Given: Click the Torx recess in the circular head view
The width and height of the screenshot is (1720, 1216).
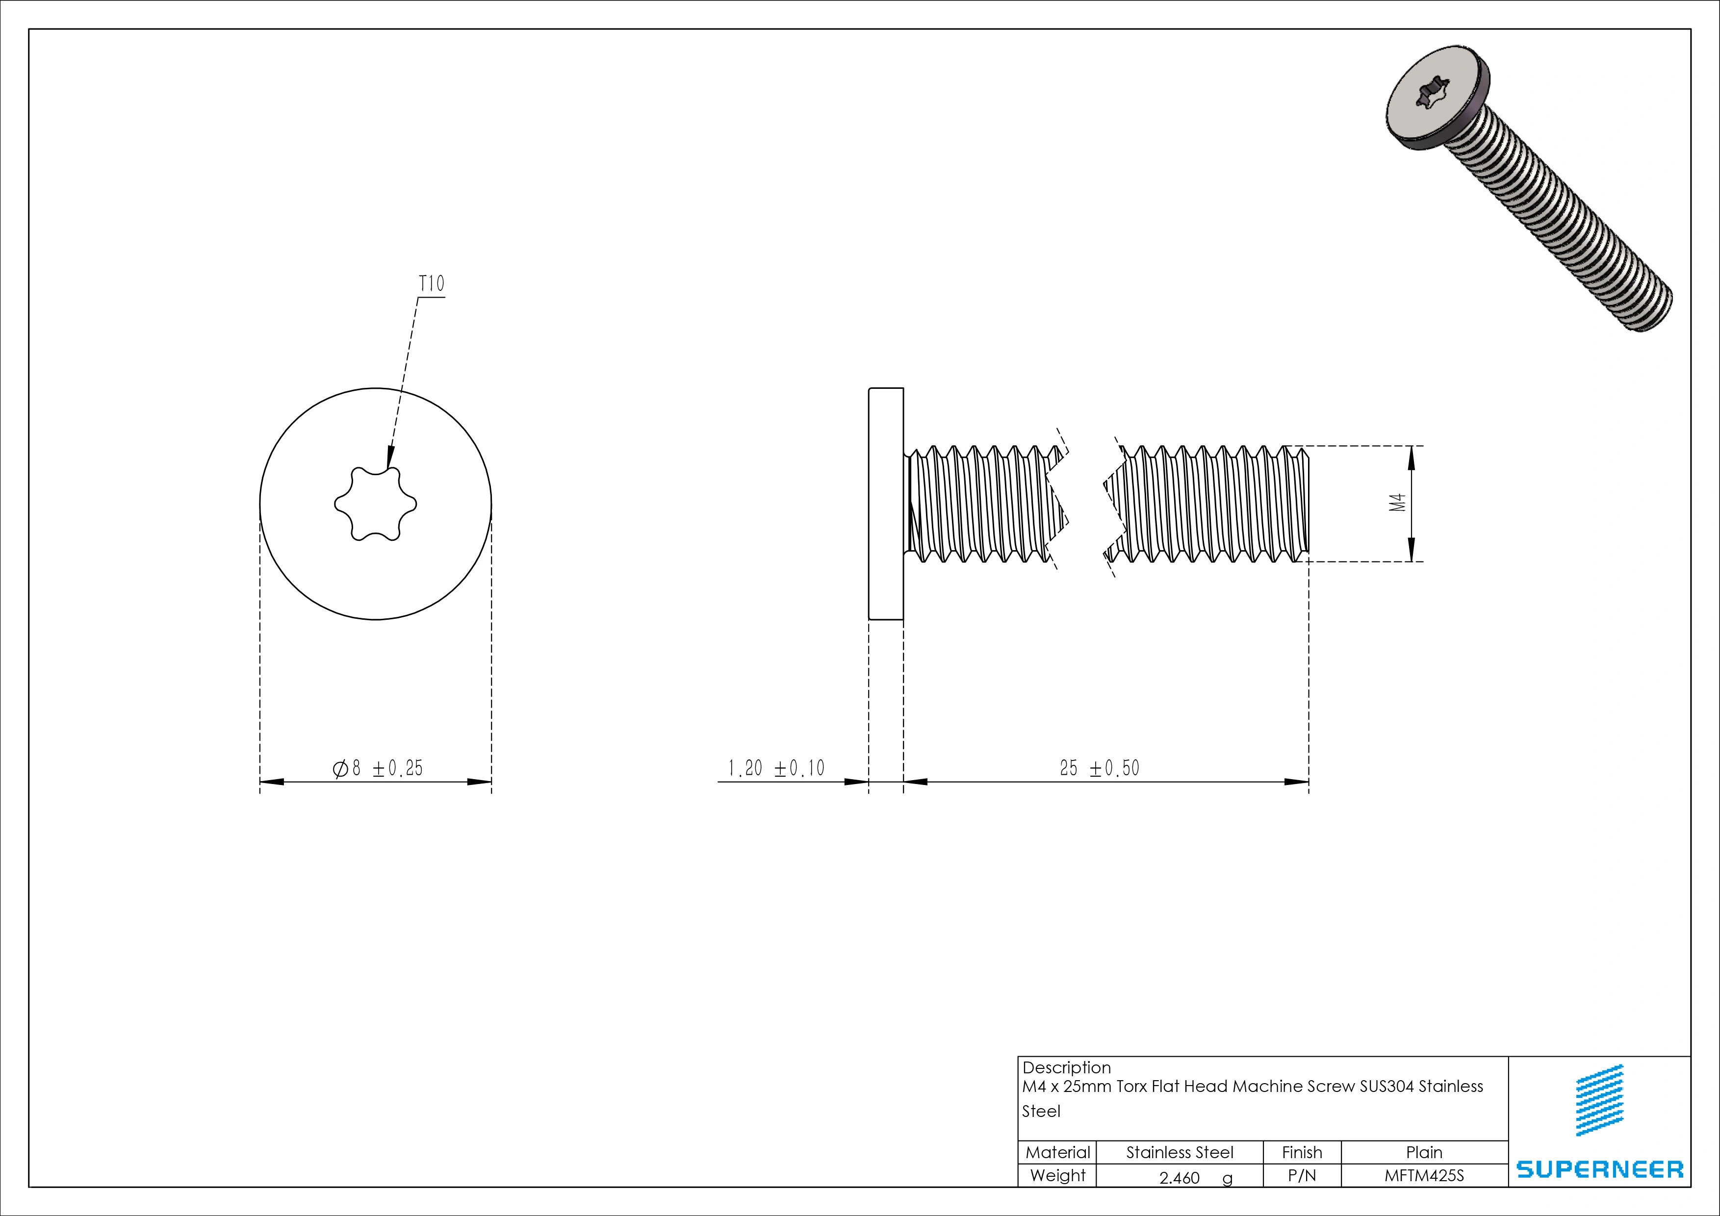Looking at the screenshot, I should click(375, 504).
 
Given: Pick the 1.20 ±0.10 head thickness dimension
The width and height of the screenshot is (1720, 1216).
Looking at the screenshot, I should click(776, 768).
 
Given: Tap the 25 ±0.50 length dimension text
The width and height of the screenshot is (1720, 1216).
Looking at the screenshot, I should click(1099, 768).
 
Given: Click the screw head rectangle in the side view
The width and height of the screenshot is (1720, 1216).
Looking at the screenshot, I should click(886, 504).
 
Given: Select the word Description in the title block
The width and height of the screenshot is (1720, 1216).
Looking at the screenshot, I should click(1066, 1068).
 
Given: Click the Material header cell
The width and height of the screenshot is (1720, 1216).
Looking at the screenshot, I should click(1057, 1152).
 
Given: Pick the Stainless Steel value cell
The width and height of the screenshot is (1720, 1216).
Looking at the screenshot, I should click(1179, 1152).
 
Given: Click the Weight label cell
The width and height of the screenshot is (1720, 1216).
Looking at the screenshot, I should click(1057, 1176).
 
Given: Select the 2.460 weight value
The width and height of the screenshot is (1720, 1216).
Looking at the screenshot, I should click(1179, 1178).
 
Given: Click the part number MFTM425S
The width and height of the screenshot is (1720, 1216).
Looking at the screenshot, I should click(1423, 1176).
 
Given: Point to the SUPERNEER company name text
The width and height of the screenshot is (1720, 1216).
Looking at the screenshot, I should click(1599, 1169).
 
